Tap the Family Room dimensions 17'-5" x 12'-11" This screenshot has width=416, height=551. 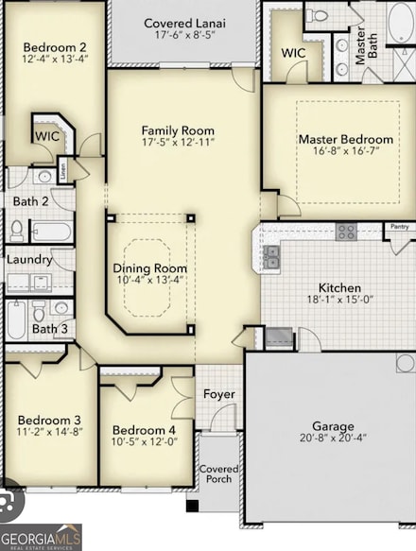pos(178,143)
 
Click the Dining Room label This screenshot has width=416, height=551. pos(150,267)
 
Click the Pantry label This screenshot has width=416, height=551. pos(397,227)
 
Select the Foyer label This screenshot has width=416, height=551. pos(219,394)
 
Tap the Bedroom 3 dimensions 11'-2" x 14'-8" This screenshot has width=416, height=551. pos(49,433)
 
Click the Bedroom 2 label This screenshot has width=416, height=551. pos(55,47)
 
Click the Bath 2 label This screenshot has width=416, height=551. pos(30,200)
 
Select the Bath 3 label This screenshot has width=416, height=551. pos(49,329)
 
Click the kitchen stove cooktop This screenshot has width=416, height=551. pos(346,232)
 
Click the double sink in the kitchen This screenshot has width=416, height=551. pos(272,257)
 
